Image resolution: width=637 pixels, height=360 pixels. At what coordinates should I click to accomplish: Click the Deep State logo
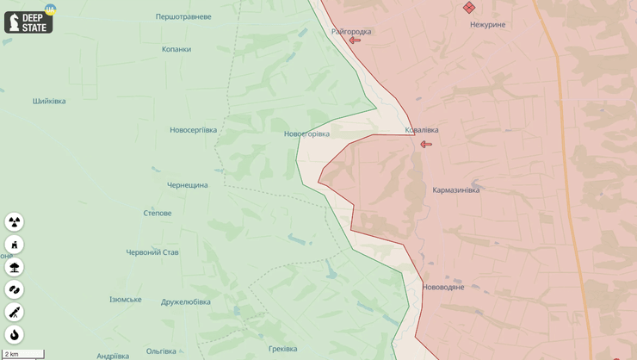click(x=28, y=22)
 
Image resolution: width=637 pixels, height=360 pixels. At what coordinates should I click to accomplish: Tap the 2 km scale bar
click(x=23, y=354)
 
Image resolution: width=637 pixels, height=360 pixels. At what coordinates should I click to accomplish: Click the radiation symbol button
click(x=15, y=222)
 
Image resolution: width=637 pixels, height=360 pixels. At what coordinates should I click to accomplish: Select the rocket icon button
click(x=15, y=312)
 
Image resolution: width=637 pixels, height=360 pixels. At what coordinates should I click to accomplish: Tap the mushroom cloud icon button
click(x=15, y=267)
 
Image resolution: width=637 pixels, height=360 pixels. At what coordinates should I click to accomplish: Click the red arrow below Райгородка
click(x=355, y=40)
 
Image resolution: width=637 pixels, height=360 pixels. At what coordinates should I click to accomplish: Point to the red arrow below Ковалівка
click(x=426, y=144)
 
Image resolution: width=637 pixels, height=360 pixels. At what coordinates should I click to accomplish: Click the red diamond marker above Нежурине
click(x=469, y=8)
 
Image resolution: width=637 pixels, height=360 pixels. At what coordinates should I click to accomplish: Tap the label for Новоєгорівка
click(x=306, y=133)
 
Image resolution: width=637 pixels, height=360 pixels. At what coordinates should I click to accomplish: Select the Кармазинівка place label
click(x=456, y=189)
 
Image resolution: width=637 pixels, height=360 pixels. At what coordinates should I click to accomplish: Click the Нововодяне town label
click(x=443, y=287)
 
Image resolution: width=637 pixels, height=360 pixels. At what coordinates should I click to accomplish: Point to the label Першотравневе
click(x=183, y=16)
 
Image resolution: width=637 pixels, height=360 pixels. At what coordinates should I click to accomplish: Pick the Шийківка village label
click(x=49, y=101)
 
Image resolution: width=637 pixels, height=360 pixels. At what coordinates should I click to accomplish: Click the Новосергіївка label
click(x=193, y=130)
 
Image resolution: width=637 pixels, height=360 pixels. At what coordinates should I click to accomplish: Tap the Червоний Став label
click(x=152, y=252)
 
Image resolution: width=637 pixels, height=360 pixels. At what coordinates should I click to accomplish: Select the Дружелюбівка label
click(x=186, y=301)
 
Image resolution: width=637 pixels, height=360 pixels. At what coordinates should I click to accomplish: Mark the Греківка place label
click(x=282, y=349)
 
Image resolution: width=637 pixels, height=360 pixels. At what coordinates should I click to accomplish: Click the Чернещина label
click(x=188, y=185)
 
